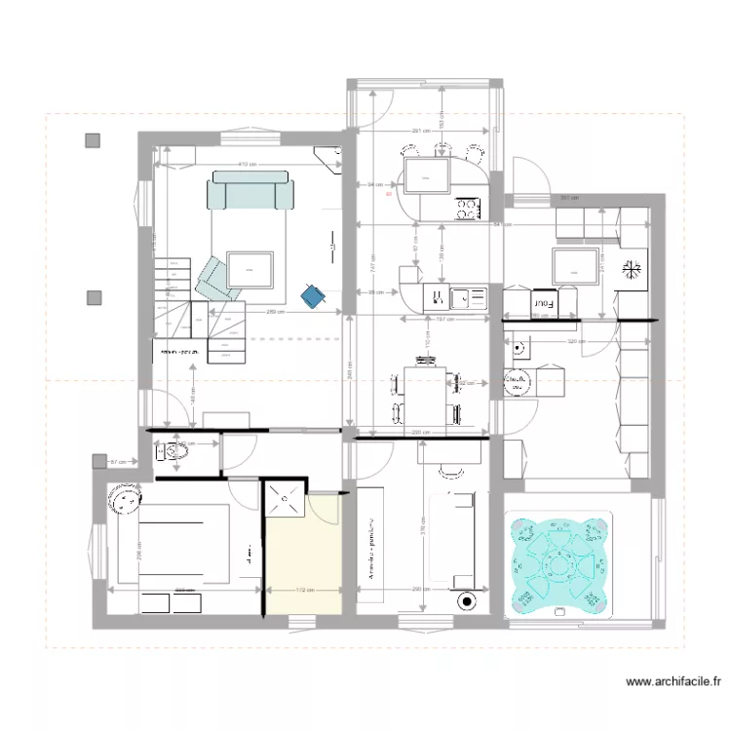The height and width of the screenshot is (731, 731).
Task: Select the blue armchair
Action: click(313, 294)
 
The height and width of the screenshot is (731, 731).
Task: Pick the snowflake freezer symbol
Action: click(633, 268)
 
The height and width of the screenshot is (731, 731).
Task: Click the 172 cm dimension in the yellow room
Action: click(303, 590)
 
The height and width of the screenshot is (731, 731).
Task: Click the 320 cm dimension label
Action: click(575, 342)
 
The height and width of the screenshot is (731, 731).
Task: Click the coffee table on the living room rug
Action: click(250, 268)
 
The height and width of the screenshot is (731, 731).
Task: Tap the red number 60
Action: click(388, 193)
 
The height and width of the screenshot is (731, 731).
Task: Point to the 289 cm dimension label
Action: click(275, 312)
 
